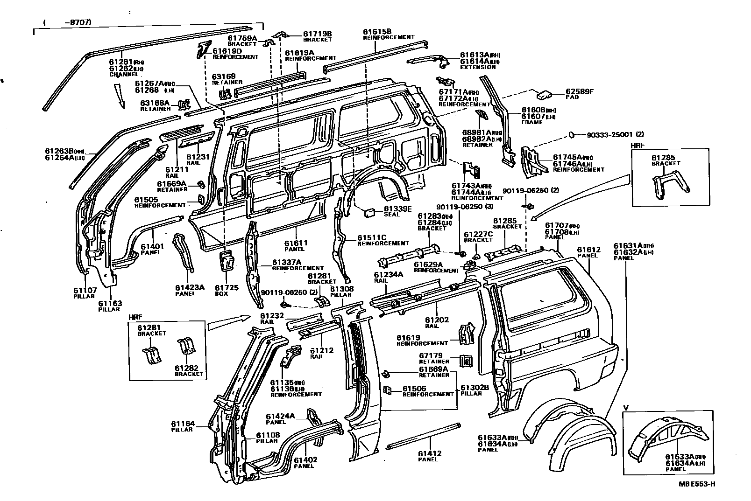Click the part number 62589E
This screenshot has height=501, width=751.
579,92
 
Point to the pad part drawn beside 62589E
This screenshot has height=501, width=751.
543,95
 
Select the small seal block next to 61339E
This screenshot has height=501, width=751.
370,213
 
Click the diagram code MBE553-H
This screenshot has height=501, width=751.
697,484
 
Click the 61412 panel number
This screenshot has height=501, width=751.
429,453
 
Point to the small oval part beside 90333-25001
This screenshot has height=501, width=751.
571,135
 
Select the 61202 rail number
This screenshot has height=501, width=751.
437,320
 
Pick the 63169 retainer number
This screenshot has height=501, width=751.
224,77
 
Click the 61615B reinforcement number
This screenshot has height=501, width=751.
377,32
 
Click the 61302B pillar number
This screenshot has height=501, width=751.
475,387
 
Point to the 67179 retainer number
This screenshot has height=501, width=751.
431,355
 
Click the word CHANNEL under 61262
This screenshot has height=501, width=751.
124,74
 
